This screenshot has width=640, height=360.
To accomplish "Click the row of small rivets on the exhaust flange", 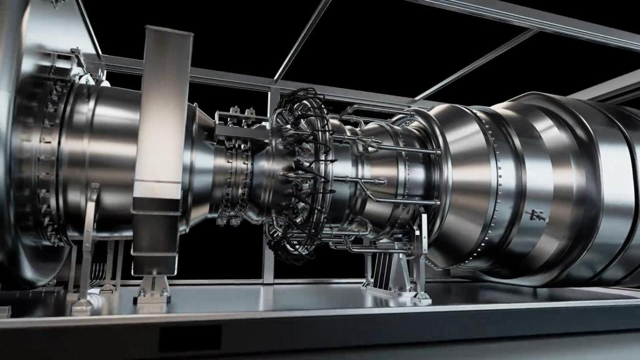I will (x=494, y=187).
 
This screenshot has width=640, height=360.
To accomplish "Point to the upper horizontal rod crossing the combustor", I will (x=400, y=151).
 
